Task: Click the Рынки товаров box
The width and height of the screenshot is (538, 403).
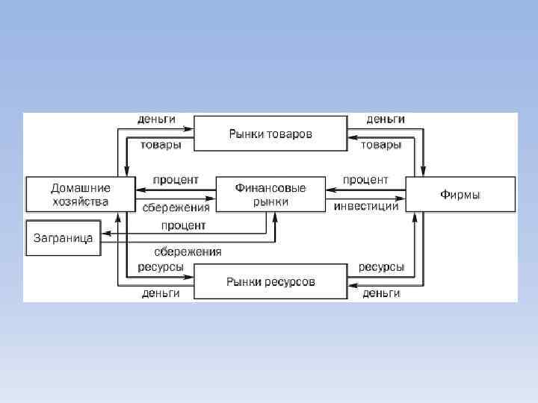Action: (270, 134)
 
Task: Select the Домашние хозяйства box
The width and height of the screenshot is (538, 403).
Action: (80, 194)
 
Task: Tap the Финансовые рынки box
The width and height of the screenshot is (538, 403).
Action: (270, 194)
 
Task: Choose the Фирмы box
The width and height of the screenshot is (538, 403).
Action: (460, 194)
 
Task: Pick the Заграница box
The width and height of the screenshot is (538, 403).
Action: (64, 238)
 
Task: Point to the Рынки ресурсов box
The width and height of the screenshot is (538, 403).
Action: (270, 282)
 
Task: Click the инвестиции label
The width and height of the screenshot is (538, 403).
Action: (366, 206)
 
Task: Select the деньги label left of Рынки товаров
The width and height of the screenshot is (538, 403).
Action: (157, 119)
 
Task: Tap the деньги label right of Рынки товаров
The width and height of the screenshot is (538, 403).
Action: (386, 119)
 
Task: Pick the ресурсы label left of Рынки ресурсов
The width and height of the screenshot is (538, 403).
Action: (161, 266)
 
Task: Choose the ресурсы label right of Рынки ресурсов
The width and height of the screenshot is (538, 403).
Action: (382, 266)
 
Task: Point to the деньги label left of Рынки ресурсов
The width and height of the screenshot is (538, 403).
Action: (161, 293)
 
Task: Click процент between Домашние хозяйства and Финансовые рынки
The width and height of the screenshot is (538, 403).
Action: (176, 180)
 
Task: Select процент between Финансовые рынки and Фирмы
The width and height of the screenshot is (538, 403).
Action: (365, 180)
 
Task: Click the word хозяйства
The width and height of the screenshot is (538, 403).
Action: (80, 201)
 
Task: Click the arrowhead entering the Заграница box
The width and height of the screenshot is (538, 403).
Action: (105, 234)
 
